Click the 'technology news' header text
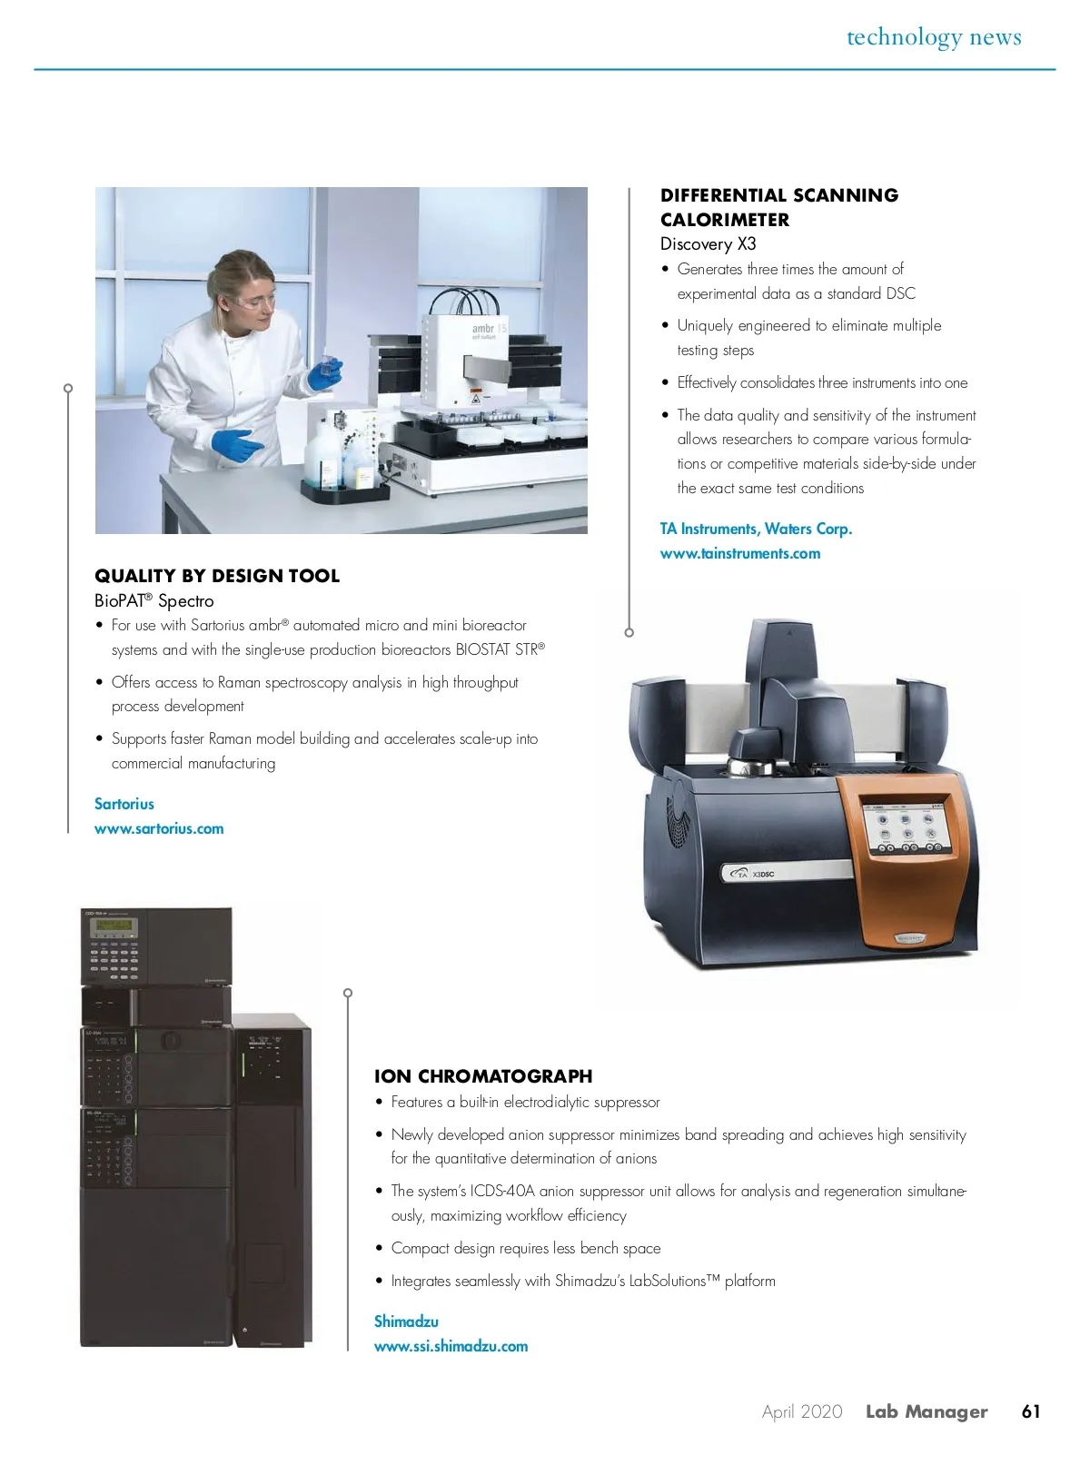coord(934,37)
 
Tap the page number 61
coord(1031,1411)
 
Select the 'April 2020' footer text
coord(802,1411)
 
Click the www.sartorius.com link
coord(159,828)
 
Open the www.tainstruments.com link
coord(740,553)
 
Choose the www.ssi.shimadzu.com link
coord(451,1345)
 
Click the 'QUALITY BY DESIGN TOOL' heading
coord(217,576)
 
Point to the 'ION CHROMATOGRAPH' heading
coord(483,1076)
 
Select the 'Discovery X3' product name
coord(708,244)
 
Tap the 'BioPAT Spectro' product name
coord(154,601)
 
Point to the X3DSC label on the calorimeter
coord(764,874)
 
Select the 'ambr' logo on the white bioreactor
coord(483,328)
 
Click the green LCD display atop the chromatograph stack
coord(114,924)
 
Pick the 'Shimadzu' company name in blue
coord(406,1321)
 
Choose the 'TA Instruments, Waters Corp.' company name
coord(757,530)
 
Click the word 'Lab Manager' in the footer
coord(926,1411)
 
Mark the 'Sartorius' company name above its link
coord(124,804)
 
